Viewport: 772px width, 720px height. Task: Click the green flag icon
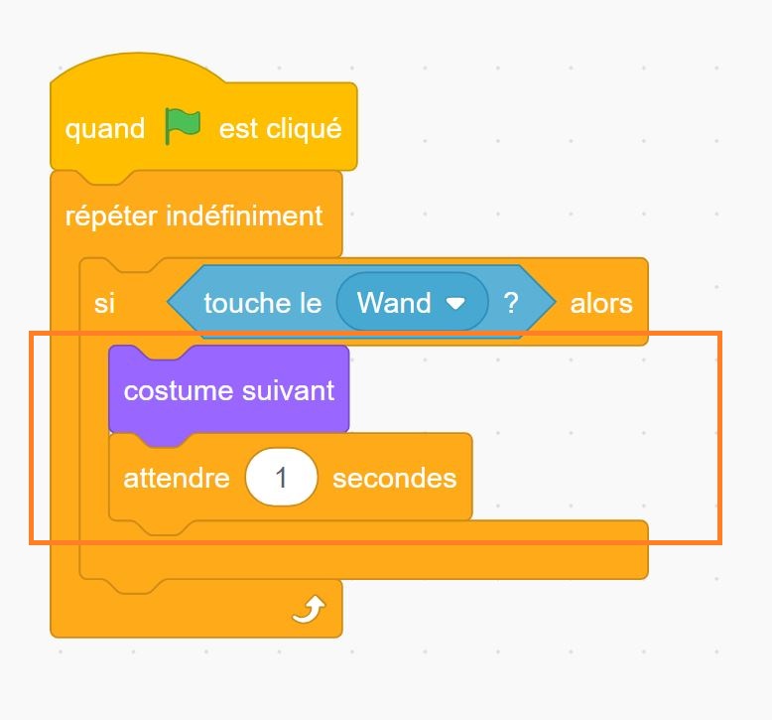(x=183, y=126)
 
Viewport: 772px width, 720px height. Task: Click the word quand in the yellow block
(x=105, y=130)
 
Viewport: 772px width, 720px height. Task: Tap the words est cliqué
(x=280, y=128)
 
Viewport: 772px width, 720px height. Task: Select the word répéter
(x=111, y=216)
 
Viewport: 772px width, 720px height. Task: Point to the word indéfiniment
(x=244, y=216)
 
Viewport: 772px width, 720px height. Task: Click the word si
(x=104, y=303)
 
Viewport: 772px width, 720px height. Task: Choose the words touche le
(x=263, y=303)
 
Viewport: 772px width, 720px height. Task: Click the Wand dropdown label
(x=394, y=302)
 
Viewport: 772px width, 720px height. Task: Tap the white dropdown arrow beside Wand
(x=455, y=303)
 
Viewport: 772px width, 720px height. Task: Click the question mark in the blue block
(x=511, y=303)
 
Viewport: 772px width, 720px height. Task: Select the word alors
(x=601, y=303)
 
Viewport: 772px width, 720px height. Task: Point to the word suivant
(x=288, y=390)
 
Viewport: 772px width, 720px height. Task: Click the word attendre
(x=177, y=478)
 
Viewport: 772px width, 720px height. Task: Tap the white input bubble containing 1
(x=281, y=477)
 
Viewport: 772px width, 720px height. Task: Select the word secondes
(x=394, y=478)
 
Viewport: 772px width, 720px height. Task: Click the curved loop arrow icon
(x=309, y=609)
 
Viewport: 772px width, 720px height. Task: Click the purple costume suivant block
(x=229, y=390)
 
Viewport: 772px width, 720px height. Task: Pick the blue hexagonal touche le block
(x=361, y=302)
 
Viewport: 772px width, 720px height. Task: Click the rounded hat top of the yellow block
(x=138, y=67)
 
